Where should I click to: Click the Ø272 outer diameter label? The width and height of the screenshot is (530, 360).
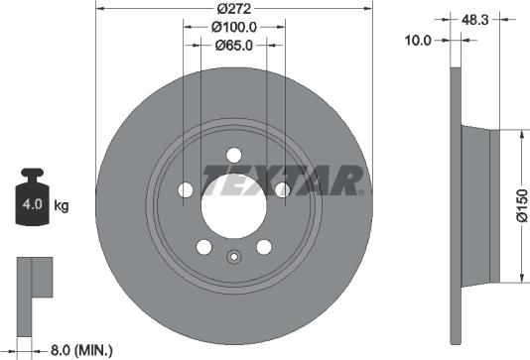233,8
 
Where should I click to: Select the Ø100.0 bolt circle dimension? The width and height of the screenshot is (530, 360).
234,27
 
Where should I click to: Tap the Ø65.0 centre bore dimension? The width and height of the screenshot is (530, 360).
234,45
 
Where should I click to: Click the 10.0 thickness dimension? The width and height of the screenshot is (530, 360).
421,40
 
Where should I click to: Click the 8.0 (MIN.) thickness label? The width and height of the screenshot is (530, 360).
82,349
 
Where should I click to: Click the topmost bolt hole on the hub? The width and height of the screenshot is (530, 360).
233,154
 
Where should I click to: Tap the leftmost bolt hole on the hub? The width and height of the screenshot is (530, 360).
185,189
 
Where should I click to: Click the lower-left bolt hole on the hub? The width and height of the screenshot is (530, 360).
203,247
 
